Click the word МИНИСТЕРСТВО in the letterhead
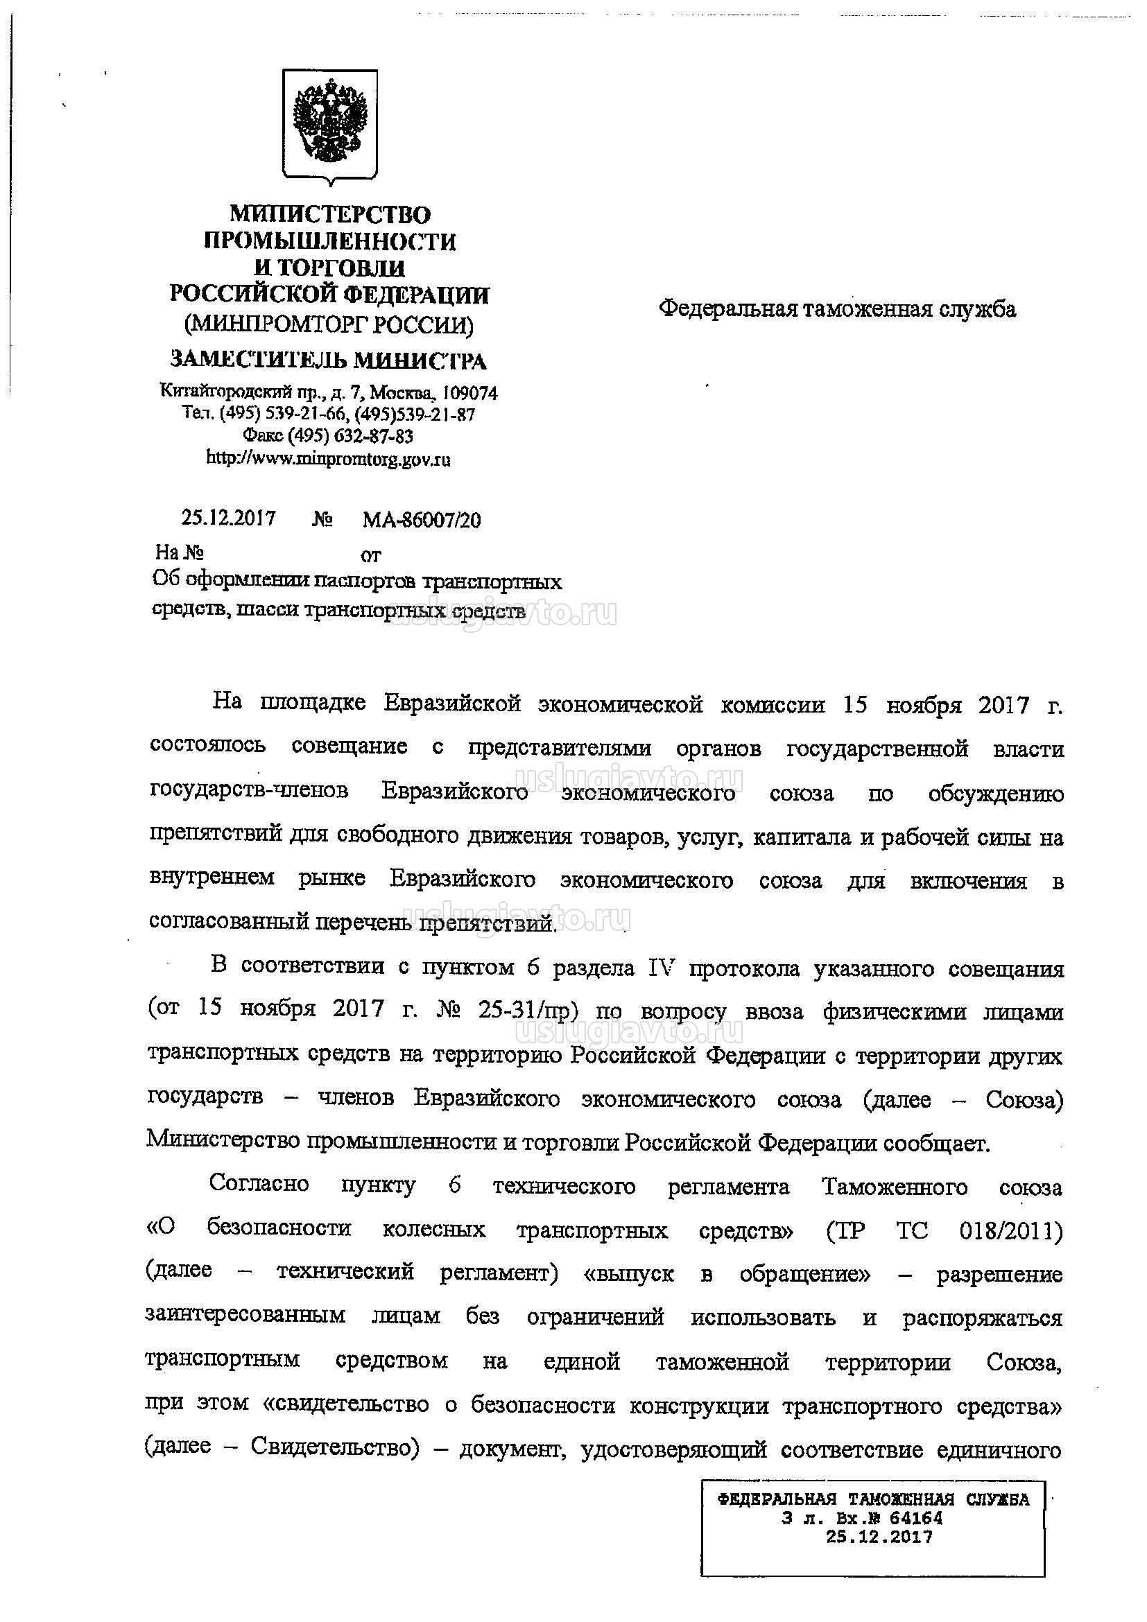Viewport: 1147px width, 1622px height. pyautogui.click(x=330, y=214)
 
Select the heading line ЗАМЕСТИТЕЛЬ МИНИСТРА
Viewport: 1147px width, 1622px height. pyautogui.click(x=328, y=360)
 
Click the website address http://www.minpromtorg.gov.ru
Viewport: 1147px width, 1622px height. pyautogui.click(x=328, y=459)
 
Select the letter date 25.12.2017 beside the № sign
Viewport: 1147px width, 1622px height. pyautogui.click(x=229, y=518)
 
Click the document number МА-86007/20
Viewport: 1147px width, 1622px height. pyautogui.click(x=422, y=521)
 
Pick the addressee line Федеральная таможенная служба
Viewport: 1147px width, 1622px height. pyautogui.click(x=838, y=309)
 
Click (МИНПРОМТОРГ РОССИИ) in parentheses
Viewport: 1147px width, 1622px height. pyautogui.click(x=329, y=325)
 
